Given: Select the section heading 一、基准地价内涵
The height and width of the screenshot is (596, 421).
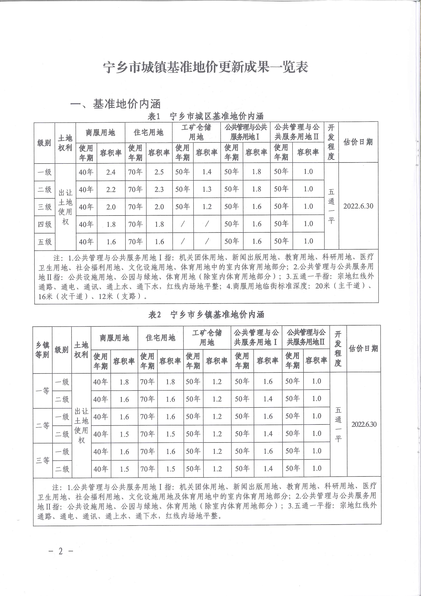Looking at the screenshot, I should point(116,104).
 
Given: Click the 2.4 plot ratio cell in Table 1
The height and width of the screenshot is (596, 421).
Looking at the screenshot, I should point(111,172).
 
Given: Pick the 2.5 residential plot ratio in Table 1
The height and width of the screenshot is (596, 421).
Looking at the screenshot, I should point(159,172).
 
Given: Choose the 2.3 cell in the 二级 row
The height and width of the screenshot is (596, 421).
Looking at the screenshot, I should point(159,189).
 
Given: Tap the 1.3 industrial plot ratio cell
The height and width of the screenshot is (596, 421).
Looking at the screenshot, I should point(207,189).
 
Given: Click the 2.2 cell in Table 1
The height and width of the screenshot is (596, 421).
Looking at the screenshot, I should point(111,189).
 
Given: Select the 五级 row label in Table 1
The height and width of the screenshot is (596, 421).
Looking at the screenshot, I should point(45,242).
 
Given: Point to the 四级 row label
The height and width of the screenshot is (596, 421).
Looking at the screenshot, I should point(45,224).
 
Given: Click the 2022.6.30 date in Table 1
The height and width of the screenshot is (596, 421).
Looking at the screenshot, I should point(358,206).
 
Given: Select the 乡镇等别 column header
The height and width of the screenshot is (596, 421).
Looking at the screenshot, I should point(42,350).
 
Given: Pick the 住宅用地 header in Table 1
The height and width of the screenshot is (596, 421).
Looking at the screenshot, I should point(148,132).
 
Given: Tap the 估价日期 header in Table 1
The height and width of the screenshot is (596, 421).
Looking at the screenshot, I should point(358,142).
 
